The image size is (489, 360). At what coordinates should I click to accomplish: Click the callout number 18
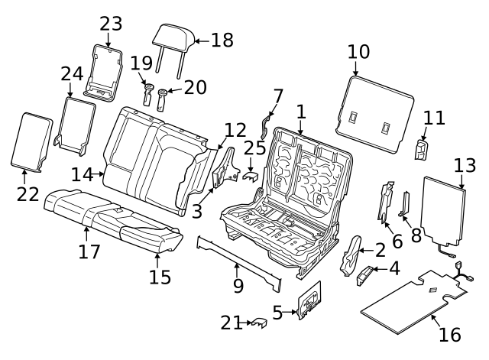pyautogui.click(x=222, y=40)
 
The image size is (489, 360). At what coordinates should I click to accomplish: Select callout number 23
pyautogui.click(x=111, y=23)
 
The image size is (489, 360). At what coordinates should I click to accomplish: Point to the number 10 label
pyautogui.click(x=358, y=52)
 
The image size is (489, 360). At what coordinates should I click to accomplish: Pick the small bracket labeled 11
pyautogui.click(x=421, y=148)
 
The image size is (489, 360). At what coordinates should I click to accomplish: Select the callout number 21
pyautogui.click(x=231, y=323)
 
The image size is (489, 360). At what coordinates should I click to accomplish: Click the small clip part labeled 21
pyautogui.click(x=258, y=324)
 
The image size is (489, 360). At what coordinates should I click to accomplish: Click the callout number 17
pyautogui.click(x=89, y=250)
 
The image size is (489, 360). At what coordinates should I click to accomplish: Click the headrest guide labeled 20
pyautogui.click(x=163, y=99)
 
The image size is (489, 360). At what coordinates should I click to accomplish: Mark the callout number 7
pyautogui.click(x=278, y=96)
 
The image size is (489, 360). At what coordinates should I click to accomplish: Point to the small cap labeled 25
pyautogui.click(x=251, y=177)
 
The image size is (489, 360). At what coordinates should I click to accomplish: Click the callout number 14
pyautogui.click(x=82, y=174)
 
